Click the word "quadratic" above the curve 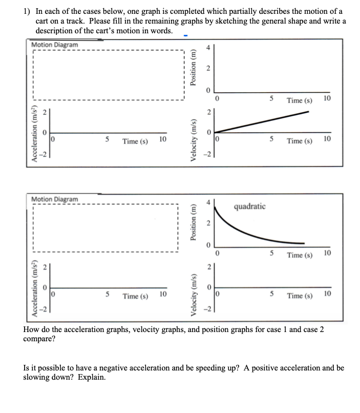tap(250, 206)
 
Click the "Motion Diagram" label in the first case tap(55, 45)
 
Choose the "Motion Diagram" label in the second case tap(55, 198)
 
